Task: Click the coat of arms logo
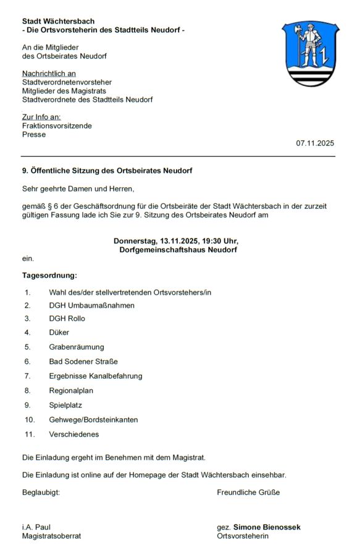coord(310,54)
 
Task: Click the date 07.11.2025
coord(315,143)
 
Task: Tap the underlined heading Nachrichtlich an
coord(49,74)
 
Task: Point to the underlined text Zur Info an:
coord(41,117)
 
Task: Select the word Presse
coord(34,134)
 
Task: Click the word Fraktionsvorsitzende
coord(57,125)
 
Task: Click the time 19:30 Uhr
coord(217,241)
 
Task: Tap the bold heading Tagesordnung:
coord(50,276)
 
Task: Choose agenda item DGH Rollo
coord(67,319)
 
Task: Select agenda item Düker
coord(59,332)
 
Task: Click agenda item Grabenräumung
coord(77,347)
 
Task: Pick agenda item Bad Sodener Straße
coord(83,361)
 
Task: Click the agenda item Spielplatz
coord(65,405)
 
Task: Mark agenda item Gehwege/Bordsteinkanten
coord(93,419)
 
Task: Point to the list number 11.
coord(28,434)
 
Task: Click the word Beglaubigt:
coord(41,492)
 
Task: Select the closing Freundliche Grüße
coord(248,492)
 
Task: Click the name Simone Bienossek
coord(267,527)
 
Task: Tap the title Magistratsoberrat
coord(52,536)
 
